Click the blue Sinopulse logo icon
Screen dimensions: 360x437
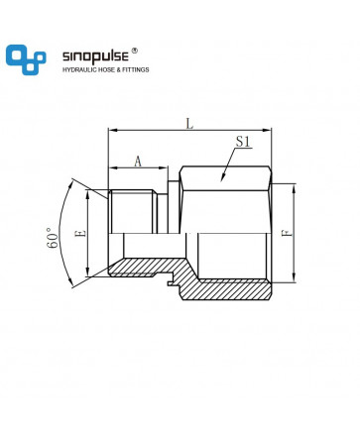pyautogui.click(x=26, y=59)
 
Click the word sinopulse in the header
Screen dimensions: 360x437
pyautogui.click(x=95, y=56)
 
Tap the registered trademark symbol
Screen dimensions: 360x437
pyautogui.click(x=135, y=51)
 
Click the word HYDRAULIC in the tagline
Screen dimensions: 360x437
pyautogui.click(x=80, y=69)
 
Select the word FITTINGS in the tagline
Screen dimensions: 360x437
pyautogui.click(x=136, y=69)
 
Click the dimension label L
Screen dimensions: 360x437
pyautogui.click(x=189, y=124)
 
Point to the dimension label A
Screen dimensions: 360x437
pyautogui.click(x=138, y=162)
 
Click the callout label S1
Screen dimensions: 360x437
pyautogui.click(x=243, y=142)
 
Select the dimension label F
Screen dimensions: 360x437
pyautogui.click(x=288, y=233)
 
